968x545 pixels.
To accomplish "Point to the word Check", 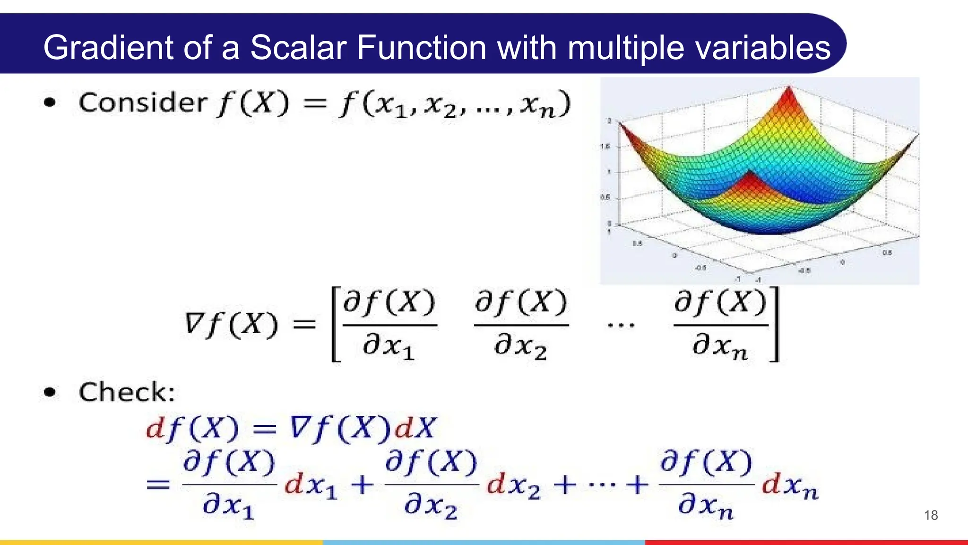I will tap(127, 392).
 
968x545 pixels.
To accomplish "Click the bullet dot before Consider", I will tap(50, 102).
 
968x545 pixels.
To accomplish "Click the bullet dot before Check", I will tap(50, 392).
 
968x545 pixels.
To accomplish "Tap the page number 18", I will tap(931, 515).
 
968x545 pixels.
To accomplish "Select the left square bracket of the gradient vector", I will tap(336, 325).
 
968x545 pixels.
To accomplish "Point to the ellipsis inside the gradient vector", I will tap(621, 325).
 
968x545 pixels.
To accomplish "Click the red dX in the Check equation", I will tap(415, 428).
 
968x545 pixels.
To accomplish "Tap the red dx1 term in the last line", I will tap(311, 486).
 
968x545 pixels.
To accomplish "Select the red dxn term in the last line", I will tap(789, 486).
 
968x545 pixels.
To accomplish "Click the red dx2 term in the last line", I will tap(513, 486).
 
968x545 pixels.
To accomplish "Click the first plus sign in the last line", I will tap(363, 485).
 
